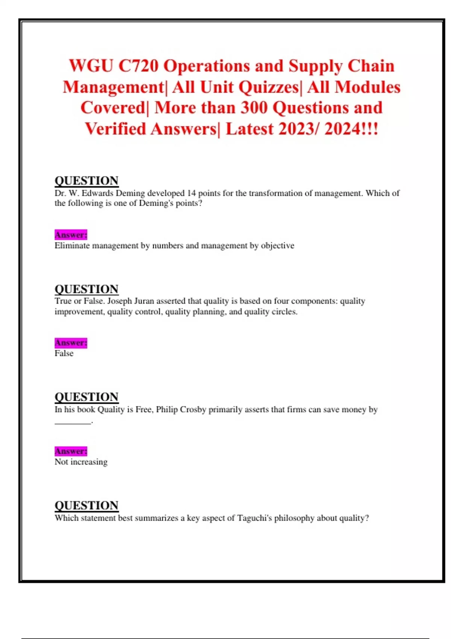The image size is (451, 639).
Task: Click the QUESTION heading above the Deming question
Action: click(86, 181)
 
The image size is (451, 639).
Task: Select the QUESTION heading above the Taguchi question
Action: click(86, 506)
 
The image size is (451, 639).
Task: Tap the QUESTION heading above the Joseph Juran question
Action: click(86, 289)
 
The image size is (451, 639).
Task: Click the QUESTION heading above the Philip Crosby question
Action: click(86, 397)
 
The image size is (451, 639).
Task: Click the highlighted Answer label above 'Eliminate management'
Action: click(71, 235)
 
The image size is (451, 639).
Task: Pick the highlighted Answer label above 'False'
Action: click(71, 343)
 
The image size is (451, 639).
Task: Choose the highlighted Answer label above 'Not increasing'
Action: click(71, 451)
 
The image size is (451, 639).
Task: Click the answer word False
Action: click(64, 353)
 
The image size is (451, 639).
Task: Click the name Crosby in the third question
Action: click(193, 409)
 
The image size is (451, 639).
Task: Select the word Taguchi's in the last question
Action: click(254, 518)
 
